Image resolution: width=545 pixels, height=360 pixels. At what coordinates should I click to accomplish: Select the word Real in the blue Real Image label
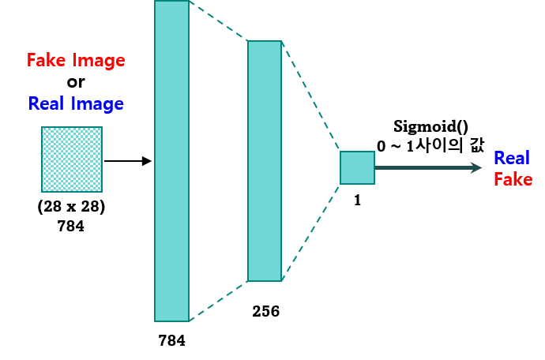coord(45,103)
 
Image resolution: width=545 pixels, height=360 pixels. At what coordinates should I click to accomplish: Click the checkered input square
coord(72,159)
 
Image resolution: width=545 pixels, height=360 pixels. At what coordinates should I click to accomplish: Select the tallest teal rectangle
coord(171,161)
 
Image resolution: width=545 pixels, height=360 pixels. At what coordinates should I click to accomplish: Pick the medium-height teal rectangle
coord(265,161)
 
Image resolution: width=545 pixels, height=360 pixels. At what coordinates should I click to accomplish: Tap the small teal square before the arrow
coord(357,168)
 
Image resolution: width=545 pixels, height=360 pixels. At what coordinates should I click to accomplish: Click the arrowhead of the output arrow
coord(475,167)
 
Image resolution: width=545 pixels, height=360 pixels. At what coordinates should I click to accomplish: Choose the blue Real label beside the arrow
coord(511,158)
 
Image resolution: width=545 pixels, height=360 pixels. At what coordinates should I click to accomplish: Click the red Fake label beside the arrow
coord(513,180)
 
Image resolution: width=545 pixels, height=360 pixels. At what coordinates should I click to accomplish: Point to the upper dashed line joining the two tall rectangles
coord(219,21)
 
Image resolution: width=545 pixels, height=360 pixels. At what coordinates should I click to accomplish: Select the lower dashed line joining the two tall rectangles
coord(219,301)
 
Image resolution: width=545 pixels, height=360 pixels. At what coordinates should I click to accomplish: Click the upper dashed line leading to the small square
coord(310,96)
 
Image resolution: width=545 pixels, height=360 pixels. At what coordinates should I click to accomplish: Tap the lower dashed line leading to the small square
coord(310,232)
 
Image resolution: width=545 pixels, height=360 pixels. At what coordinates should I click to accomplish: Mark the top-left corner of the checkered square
coord(43,128)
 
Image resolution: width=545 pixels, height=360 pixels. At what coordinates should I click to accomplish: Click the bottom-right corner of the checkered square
coord(101,190)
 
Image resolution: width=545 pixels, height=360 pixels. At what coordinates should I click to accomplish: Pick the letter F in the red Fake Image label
coord(31,60)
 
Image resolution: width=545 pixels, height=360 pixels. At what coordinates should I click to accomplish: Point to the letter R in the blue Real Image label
coord(33,103)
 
